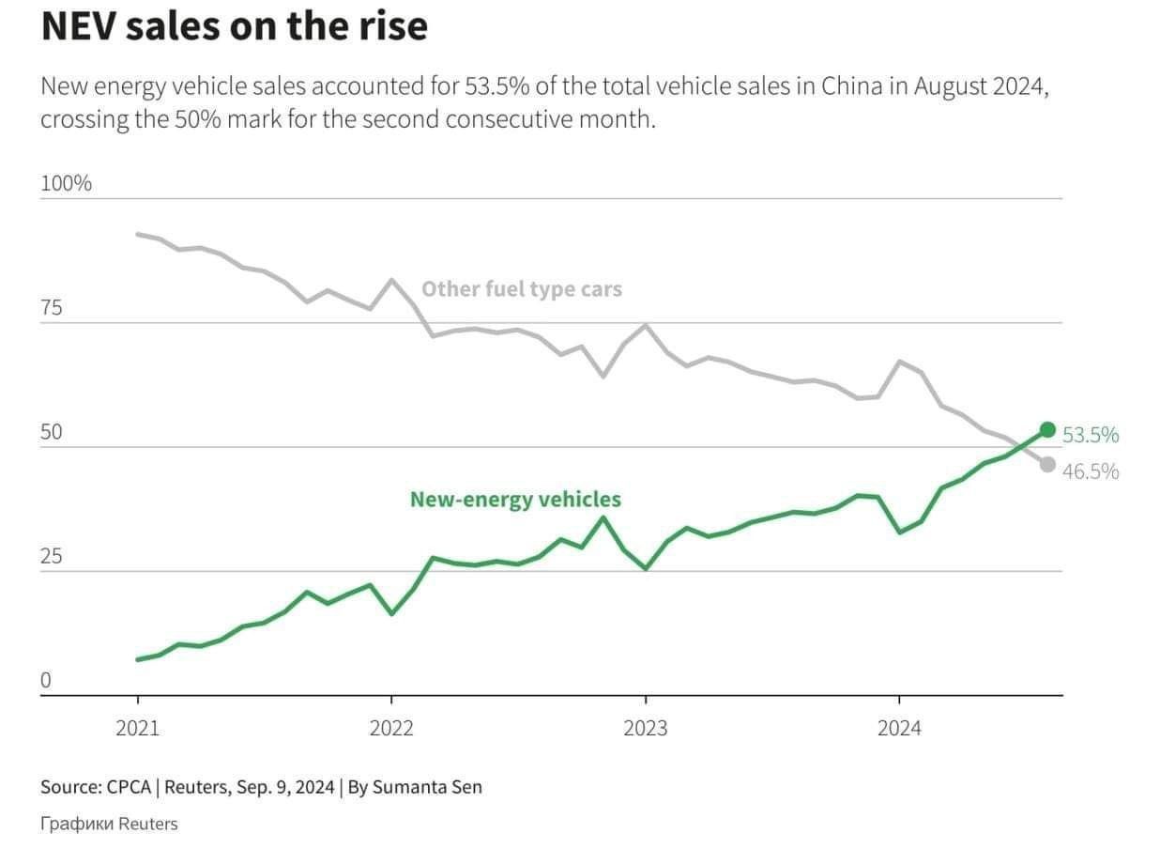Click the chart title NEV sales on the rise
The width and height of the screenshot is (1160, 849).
click(234, 27)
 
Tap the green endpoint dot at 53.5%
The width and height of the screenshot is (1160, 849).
click(1047, 430)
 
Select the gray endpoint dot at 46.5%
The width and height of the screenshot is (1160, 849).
click(1047, 465)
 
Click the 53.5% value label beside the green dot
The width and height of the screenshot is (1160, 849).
click(1091, 435)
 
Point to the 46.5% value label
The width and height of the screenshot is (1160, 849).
click(1091, 471)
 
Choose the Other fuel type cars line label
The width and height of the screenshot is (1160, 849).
click(521, 289)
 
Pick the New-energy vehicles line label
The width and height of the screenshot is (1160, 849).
click(515, 500)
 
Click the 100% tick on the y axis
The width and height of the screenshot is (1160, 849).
click(66, 183)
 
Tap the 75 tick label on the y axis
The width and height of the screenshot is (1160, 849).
click(51, 308)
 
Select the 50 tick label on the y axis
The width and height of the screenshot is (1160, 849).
click(51, 432)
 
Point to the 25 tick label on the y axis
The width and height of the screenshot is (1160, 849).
click(51, 557)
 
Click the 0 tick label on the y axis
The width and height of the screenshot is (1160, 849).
click(45, 681)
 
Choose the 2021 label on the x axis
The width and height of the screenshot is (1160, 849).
click(137, 728)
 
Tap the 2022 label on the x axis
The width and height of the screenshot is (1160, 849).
click(391, 728)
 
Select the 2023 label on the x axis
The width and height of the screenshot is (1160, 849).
click(645, 728)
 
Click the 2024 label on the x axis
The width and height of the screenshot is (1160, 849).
click(899, 728)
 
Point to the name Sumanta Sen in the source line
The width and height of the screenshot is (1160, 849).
click(427, 787)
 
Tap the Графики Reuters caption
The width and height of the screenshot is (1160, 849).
click(109, 824)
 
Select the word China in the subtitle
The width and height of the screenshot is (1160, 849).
click(851, 87)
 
